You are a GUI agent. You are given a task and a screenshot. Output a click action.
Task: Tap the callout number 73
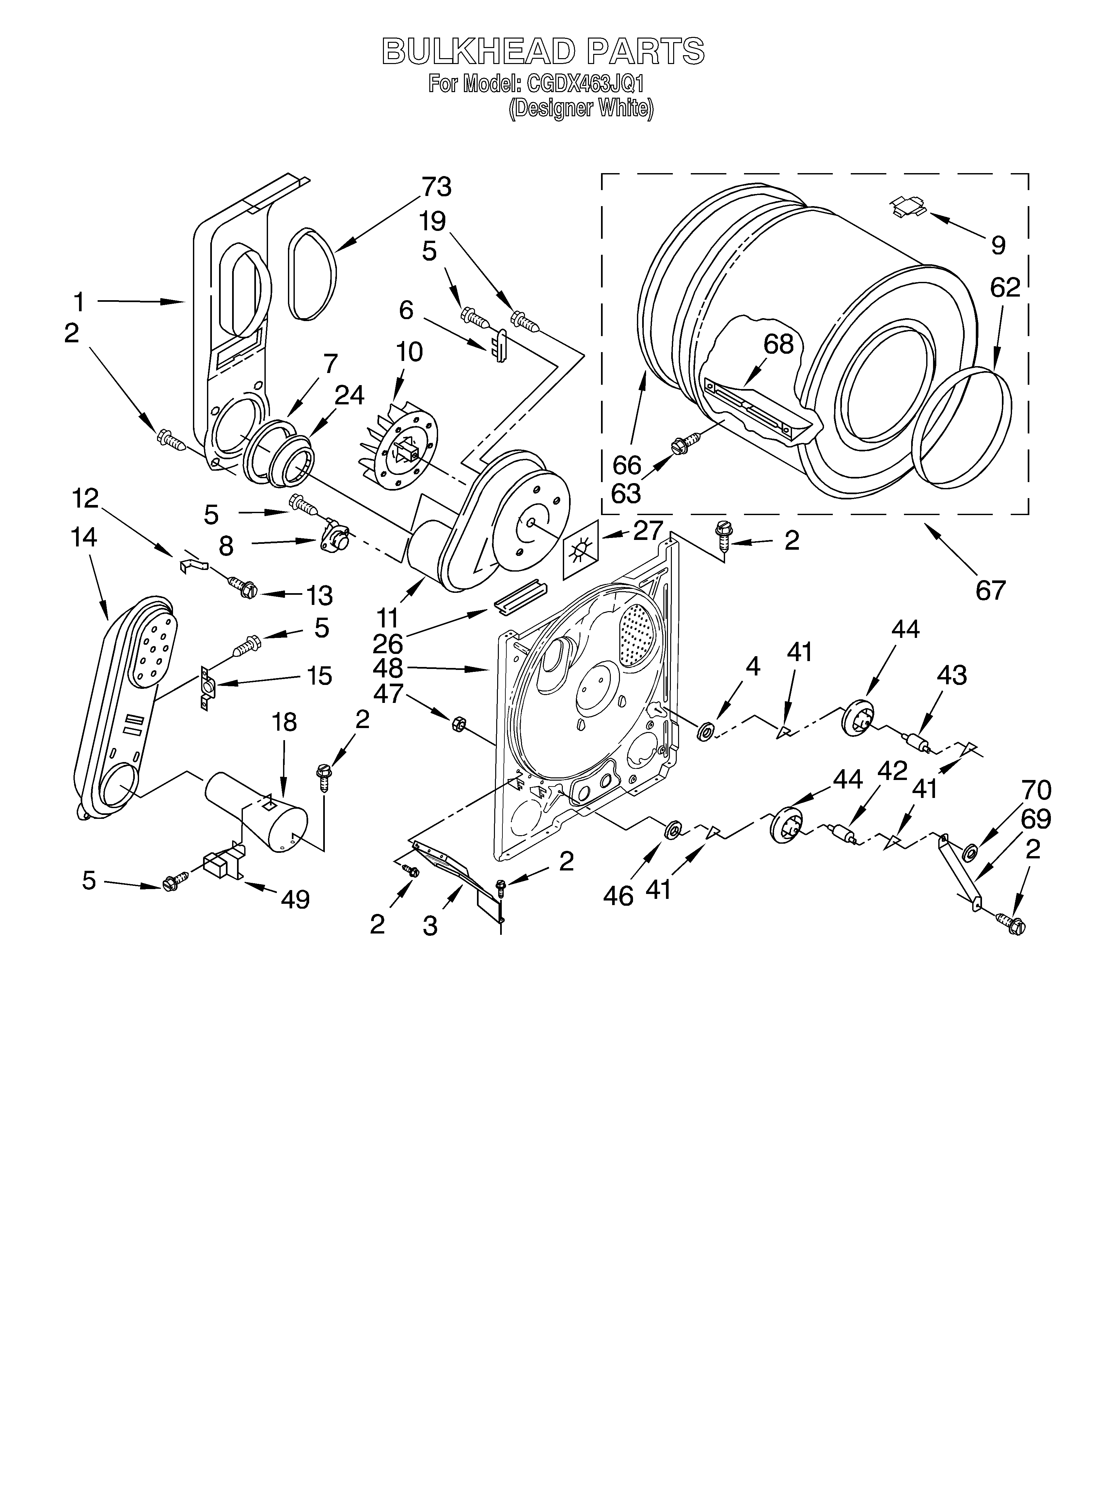coord(436,187)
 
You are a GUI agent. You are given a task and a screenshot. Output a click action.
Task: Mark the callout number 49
coord(295,900)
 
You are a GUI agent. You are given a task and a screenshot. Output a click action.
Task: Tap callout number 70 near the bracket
coord(1036,790)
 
